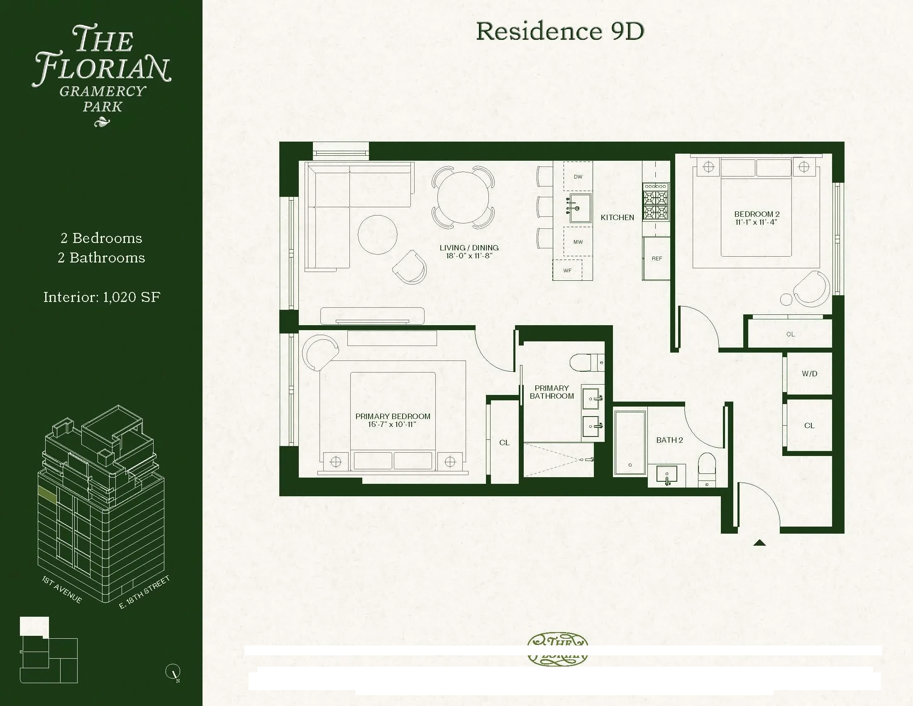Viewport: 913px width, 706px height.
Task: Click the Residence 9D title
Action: [x=560, y=32]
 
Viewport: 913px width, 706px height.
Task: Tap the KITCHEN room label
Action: [x=617, y=218]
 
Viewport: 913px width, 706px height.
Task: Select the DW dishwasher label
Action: [x=578, y=177]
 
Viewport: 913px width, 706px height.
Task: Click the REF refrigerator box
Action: [x=657, y=258]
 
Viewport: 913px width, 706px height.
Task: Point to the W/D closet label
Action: [x=809, y=373]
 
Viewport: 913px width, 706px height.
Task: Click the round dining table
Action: [x=463, y=197]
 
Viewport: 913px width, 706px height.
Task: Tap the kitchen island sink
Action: [x=579, y=208]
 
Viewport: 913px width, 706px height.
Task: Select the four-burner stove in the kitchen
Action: [x=656, y=202]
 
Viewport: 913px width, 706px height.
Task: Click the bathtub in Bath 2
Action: [x=630, y=443]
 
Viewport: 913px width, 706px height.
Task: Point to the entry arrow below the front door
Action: [x=759, y=543]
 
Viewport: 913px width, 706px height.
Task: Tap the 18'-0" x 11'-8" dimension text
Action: [x=469, y=255]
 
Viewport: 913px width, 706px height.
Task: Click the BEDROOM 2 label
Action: [x=757, y=214]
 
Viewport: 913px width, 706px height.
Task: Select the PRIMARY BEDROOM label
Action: [x=393, y=416]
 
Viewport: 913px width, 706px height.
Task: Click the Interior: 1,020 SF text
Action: [x=102, y=297]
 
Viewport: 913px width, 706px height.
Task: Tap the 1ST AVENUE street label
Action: [x=62, y=589]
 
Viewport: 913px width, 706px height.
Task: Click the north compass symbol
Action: [x=173, y=671]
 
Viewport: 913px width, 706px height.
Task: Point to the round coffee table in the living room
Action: [x=378, y=235]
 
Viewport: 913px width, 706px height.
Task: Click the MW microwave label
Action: [x=578, y=242]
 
